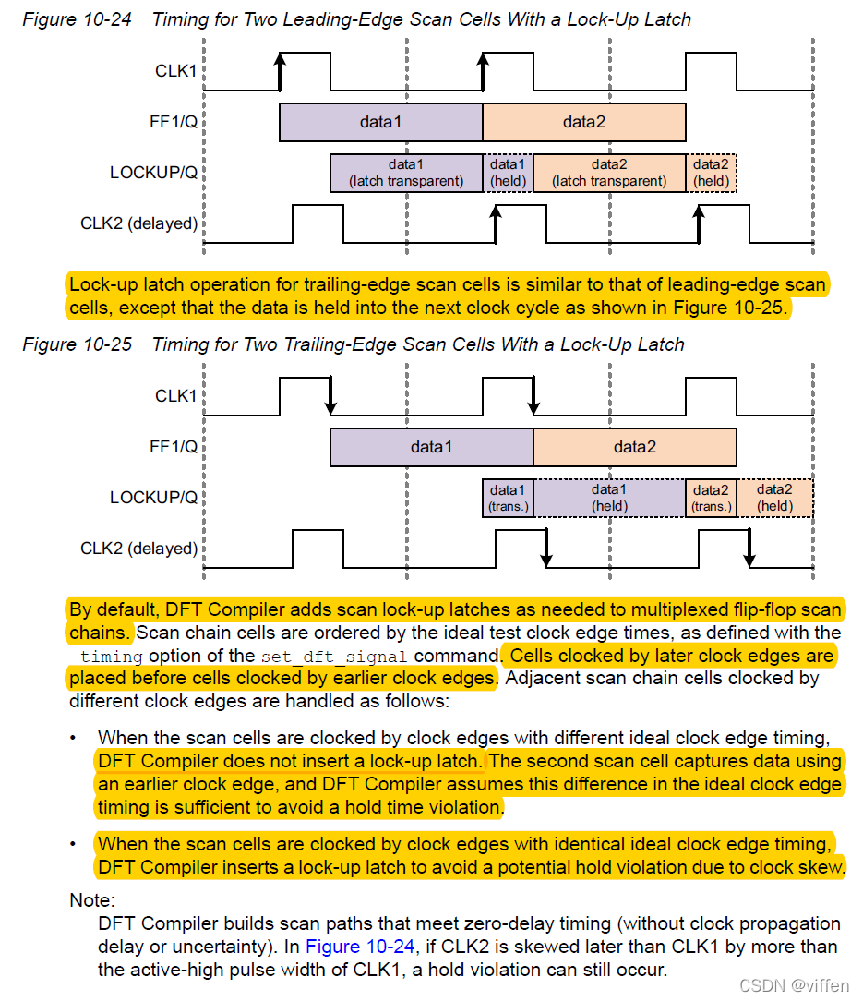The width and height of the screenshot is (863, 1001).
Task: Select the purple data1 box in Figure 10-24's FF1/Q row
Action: (380, 122)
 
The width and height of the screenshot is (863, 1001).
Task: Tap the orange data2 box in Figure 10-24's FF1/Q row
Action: (583, 122)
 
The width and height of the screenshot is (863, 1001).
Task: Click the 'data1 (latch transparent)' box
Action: (406, 173)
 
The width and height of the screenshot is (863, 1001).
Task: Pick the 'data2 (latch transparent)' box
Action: (609, 173)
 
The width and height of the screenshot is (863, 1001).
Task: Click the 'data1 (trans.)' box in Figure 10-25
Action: (508, 498)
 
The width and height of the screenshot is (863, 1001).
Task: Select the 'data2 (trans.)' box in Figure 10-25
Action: (711, 498)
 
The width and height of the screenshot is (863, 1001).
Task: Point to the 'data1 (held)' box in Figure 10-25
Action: (609, 498)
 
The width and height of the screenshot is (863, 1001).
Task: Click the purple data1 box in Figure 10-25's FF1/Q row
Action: (431, 447)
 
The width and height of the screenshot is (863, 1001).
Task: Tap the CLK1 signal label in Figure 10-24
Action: (175, 70)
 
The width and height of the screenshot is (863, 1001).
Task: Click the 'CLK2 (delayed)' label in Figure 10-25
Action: (139, 549)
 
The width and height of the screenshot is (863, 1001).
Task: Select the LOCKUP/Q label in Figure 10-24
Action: (153, 173)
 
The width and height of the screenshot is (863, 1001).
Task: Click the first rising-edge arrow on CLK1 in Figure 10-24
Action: (280, 72)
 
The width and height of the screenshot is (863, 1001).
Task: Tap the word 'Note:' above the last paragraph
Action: (92, 900)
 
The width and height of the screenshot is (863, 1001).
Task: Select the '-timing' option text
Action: (106, 657)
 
